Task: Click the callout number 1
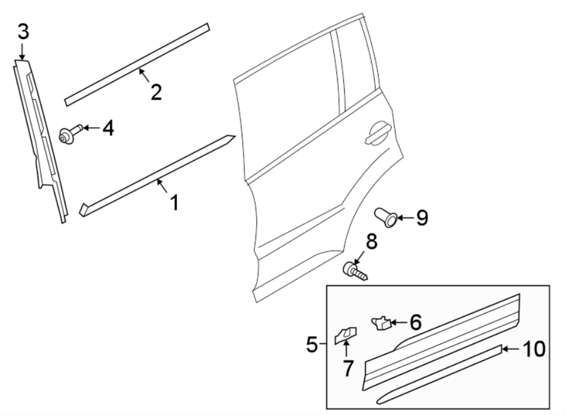(174, 202)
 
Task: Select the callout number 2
(156, 92)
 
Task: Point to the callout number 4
(108, 129)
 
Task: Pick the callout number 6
(414, 322)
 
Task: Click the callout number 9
(421, 218)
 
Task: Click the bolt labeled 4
(67, 134)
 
